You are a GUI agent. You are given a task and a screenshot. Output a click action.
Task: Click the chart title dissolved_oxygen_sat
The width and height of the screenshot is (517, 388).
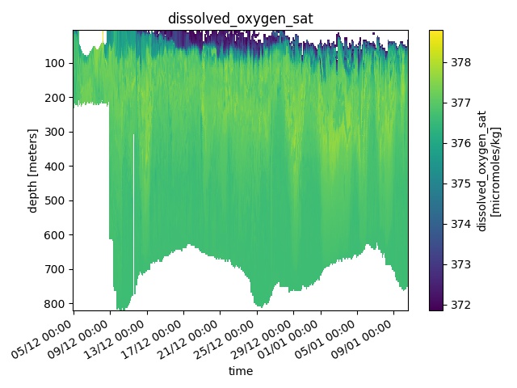pos(240,18)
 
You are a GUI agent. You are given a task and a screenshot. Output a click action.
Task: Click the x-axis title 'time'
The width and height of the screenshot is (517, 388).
pos(240,371)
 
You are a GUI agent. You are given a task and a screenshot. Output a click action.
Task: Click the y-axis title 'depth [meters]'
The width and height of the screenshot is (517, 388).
pos(33,171)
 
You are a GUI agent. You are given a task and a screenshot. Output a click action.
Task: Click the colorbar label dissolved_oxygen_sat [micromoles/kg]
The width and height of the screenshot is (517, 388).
pos(489,171)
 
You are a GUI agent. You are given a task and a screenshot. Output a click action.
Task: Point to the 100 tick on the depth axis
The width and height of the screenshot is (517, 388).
pos(58,64)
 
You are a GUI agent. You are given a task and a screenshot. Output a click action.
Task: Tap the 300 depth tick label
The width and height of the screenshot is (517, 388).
pos(58,133)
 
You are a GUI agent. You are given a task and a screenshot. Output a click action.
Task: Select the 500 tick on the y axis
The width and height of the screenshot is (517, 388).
pos(58,201)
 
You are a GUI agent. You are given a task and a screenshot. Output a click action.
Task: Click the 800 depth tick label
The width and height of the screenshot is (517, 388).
pos(58,304)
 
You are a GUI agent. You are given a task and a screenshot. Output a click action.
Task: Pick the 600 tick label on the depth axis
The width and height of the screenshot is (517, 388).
pos(58,235)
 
